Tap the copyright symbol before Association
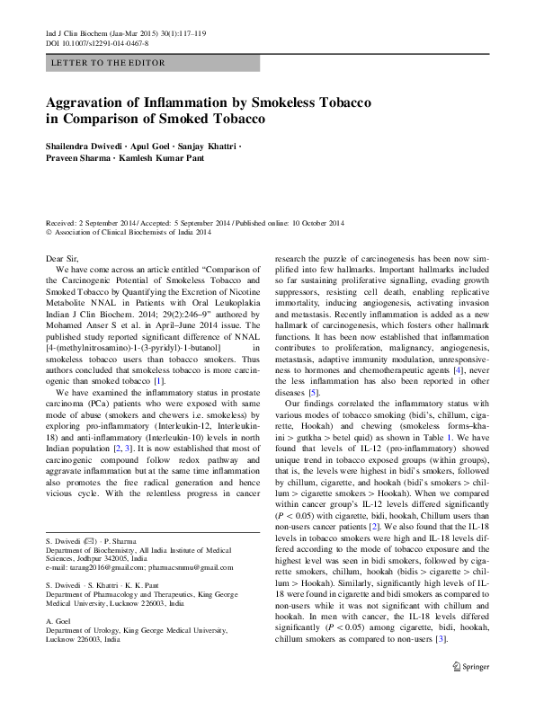pos(49,232)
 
